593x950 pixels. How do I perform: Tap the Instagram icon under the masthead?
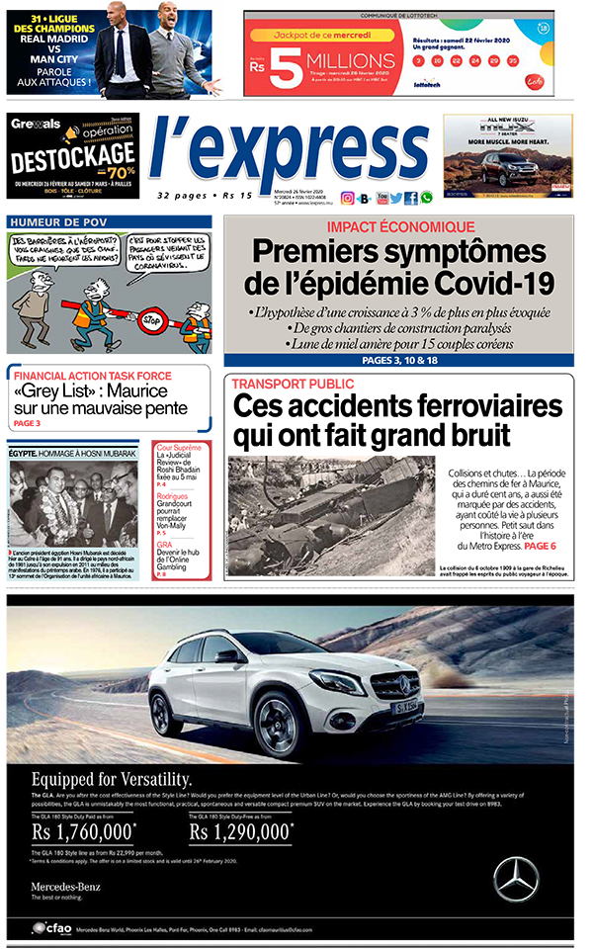click(348, 198)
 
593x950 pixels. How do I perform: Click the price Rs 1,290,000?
click(241, 832)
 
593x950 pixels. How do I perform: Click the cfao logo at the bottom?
click(49, 928)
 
